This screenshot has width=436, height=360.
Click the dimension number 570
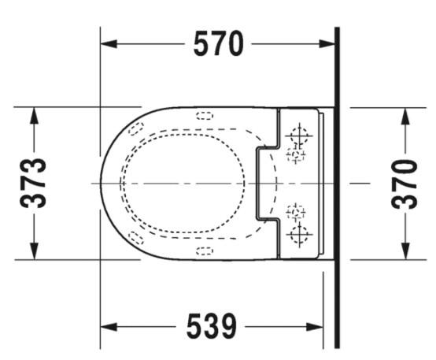(219, 45)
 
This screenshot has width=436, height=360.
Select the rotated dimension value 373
(33, 183)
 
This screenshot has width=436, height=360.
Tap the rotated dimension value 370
(405, 183)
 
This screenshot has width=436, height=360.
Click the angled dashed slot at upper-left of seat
(138, 128)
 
